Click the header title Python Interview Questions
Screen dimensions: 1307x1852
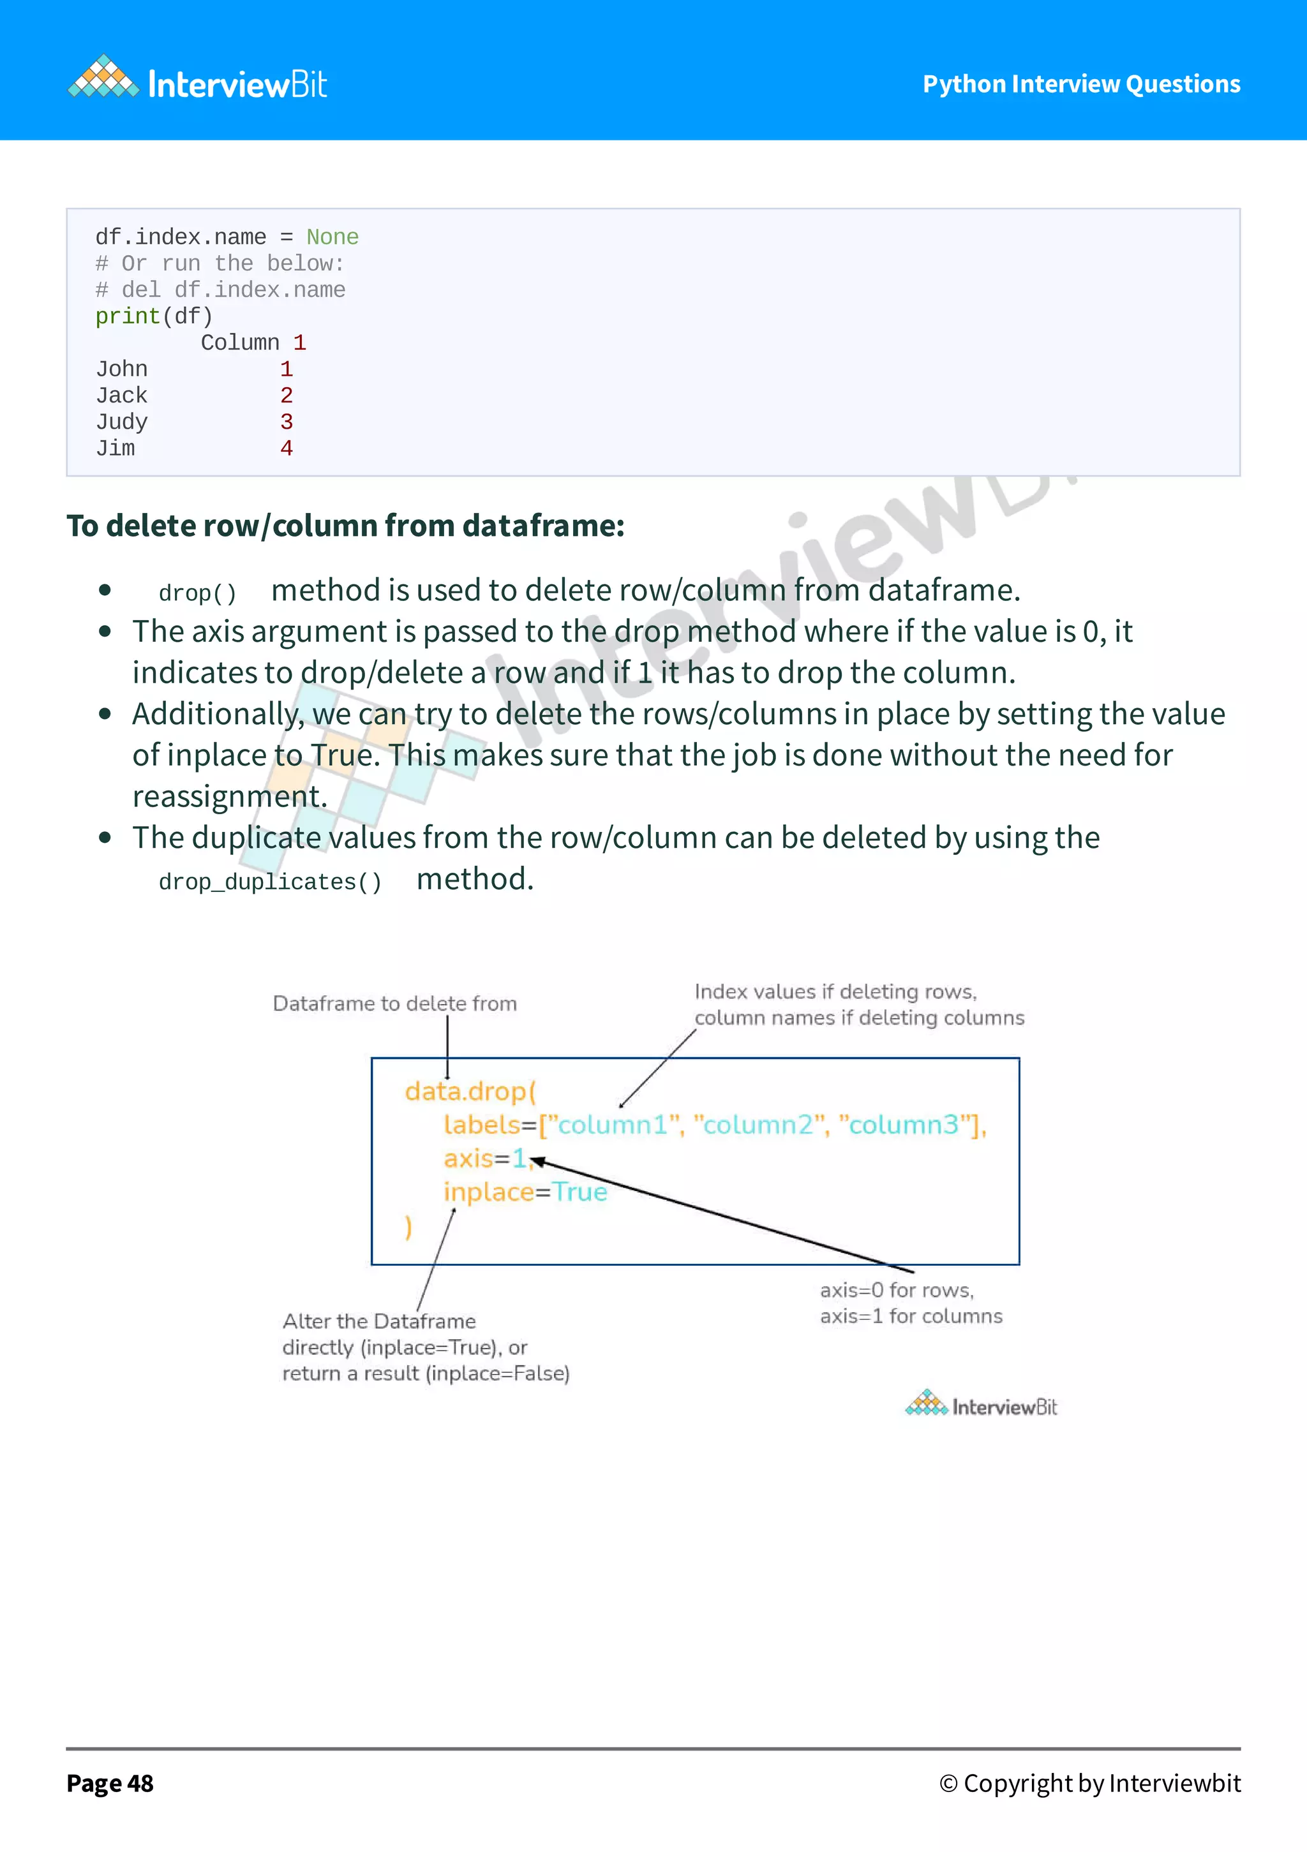(x=1081, y=84)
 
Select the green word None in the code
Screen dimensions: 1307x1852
(x=332, y=237)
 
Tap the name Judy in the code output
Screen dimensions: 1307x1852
(x=122, y=422)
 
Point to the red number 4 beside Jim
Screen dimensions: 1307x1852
(x=287, y=448)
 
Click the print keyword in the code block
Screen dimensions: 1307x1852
(x=128, y=316)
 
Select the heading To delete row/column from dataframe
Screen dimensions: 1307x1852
(x=345, y=526)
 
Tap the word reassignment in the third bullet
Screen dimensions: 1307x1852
(x=230, y=797)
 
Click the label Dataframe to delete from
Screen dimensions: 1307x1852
(x=394, y=1004)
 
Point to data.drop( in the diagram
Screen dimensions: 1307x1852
(x=470, y=1092)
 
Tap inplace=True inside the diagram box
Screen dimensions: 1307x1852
(x=525, y=1192)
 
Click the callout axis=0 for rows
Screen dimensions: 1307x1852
(x=897, y=1291)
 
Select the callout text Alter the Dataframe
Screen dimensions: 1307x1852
(x=379, y=1321)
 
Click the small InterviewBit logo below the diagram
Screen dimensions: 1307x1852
(x=981, y=1406)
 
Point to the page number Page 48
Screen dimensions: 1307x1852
(x=110, y=1784)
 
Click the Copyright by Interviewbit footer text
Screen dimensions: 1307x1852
(x=1090, y=1784)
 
